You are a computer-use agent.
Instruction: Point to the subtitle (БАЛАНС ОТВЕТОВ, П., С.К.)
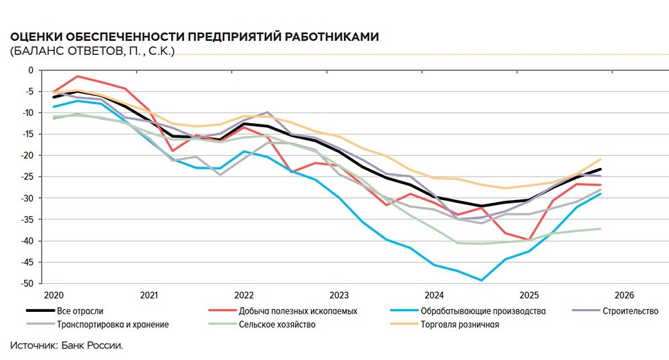coord(92,52)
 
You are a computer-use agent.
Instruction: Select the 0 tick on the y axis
coord(29,70)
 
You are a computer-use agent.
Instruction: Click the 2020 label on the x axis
coord(53,295)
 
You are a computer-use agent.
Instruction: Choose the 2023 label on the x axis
coord(339,295)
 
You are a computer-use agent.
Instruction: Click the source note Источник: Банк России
coord(67,345)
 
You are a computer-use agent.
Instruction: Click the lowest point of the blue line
coord(481,280)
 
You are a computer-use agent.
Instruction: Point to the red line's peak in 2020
coord(78,76)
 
